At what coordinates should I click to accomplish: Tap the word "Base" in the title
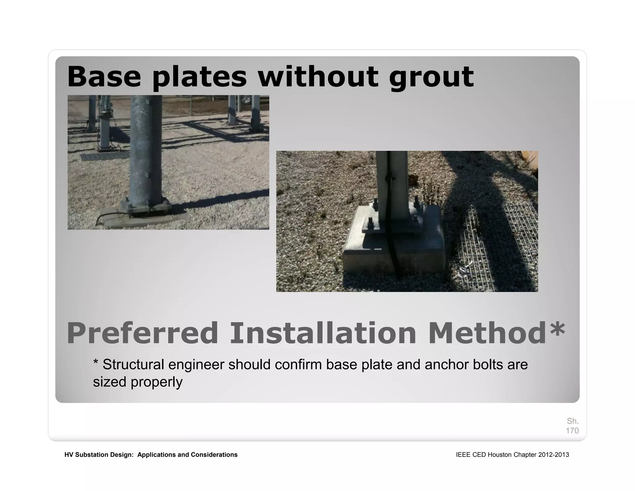click(104, 77)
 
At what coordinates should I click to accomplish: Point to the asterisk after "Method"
click(557, 330)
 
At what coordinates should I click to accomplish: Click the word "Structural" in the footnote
click(133, 364)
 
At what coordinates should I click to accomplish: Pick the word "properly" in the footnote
click(156, 382)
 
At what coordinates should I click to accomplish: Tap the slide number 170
click(572, 430)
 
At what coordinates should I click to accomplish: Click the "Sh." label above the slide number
click(573, 421)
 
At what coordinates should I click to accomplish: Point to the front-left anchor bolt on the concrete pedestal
click(371, 223)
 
